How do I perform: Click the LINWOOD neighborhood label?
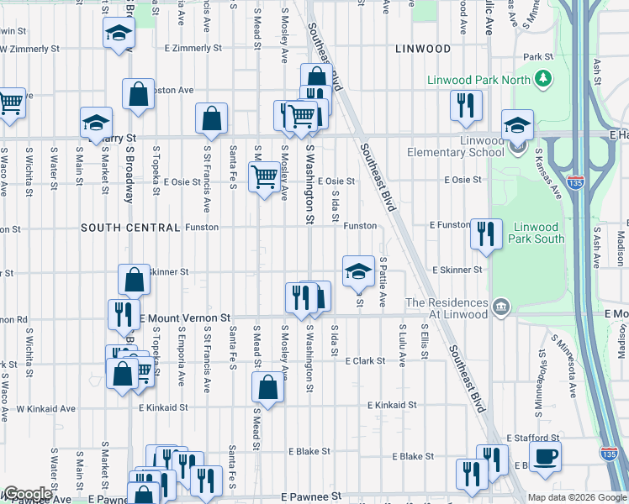(x=423, y=50)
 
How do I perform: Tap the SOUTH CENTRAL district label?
(x=130, y=228)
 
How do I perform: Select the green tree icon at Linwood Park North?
(x=544, y=79)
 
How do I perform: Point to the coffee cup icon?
(x=545, y=455)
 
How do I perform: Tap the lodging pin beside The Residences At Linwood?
(x=501, y=304)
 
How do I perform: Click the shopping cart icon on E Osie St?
(x=264, y=176)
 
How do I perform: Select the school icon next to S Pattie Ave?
(x=358, y=270)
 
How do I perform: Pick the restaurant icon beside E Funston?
(x=485, y=234)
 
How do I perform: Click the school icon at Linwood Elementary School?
(x=517, y=126)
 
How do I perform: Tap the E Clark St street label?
(x=365, y=360)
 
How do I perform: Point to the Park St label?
(x=536, y=57)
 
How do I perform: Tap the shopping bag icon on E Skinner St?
(x=135, y=279)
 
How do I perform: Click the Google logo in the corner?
(x=27, y=494)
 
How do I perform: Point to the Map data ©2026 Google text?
(x=576, y=497)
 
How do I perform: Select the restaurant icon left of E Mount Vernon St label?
(x=123, y=314)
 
